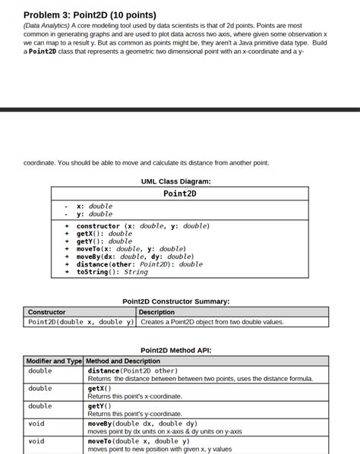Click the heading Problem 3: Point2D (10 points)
tap(90, 15)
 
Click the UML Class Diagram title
tap(175, 181)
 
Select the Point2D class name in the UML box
tap(180, 194)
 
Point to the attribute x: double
tap(95, 206)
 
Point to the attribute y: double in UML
tap(95, 214)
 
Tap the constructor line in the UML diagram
tap(143, 225)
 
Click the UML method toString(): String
tap(112, 272)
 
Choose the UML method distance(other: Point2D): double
tap(140, 264)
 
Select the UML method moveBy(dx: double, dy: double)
tap(135, 257)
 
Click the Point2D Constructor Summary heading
tap(175, 301)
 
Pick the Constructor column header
tap(47, 312)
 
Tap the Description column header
tap(157, 312)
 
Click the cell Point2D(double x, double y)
tap(81, 322)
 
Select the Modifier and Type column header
tap(54, 361)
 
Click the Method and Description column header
tap(123, 361)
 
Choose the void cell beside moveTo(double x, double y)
tap(36, 441)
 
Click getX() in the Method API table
tap(99, 388)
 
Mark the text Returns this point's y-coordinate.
tap(134, 414)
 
